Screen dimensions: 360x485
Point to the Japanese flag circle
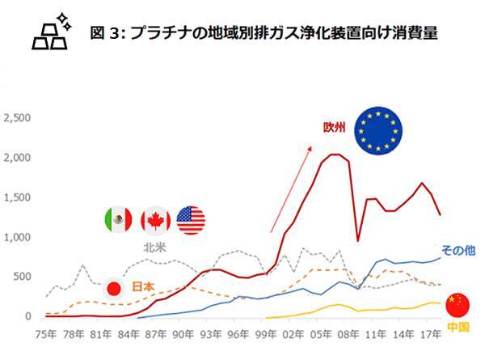point(114,287)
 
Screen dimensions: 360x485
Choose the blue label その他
point(458,250)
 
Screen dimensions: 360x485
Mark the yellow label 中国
point(457,327)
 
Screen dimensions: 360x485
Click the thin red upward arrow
point(290,187)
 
